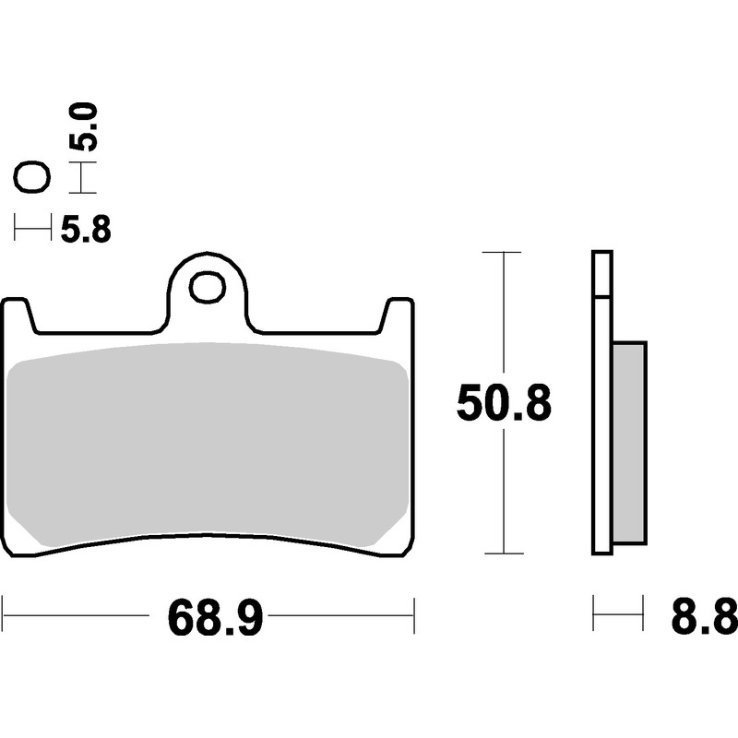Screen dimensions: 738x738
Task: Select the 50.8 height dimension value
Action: pyautogui.click(x=504, y=403)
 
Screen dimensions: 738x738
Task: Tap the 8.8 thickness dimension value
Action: pyautogui.click(x=705, y=616)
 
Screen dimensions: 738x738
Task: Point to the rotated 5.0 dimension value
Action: pyautogui.click(x=84, y=127)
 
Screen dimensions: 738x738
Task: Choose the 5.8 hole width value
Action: pyautogui.click(x=86, y=229)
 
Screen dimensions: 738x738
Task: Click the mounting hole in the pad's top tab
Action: pyautogui.click(x=207, y=287)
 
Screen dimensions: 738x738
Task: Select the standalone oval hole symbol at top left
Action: pyautogui.click(x=32, y=177)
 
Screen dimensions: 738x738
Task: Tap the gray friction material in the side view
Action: pyautogui.click(x=630, y=443)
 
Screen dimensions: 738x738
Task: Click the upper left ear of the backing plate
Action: pyautogui.click(x=19, y=315)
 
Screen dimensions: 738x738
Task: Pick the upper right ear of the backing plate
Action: pyautogui.click(x=397, y=315)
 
